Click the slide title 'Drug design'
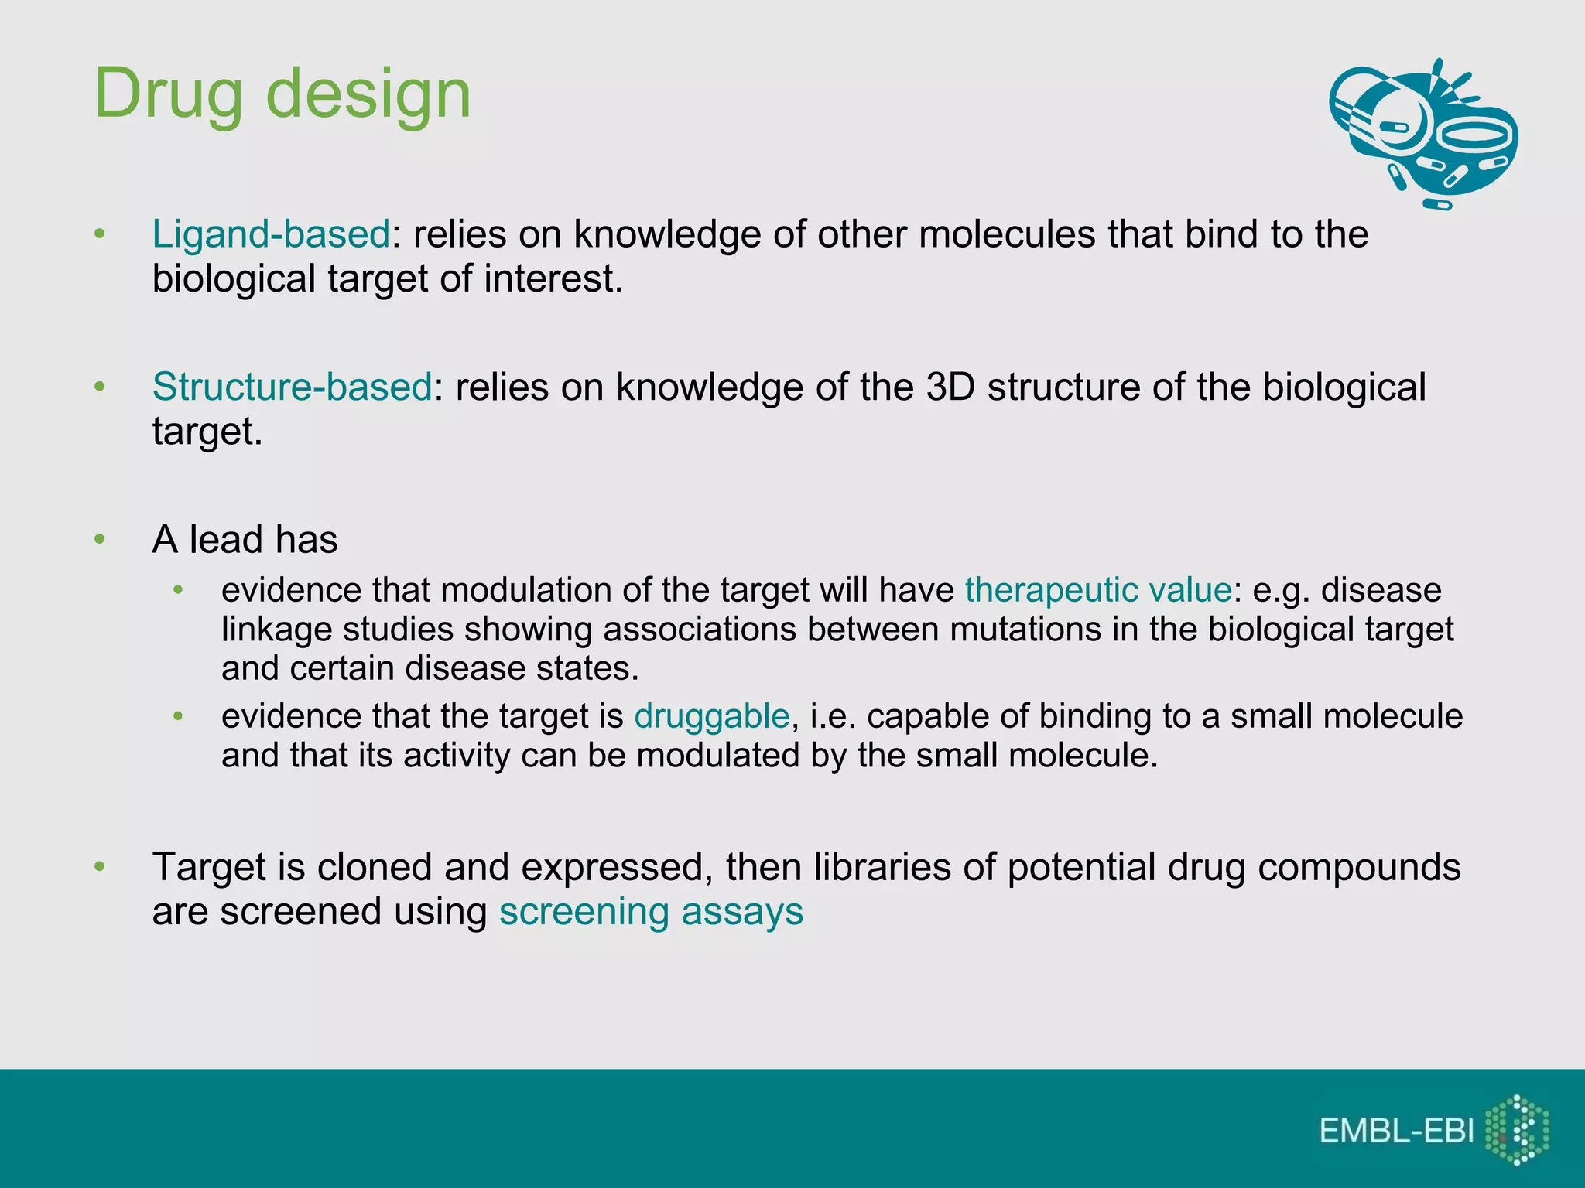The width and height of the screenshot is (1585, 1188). coord(282,94)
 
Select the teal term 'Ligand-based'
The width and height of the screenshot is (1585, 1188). coord(270,234)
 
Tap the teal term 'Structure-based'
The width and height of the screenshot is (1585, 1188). coord(292,387)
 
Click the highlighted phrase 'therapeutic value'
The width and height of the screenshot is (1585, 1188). coord(1097,590)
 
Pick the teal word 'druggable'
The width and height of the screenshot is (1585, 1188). coord(711,716)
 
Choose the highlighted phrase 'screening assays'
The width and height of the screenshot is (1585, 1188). coord(651,911)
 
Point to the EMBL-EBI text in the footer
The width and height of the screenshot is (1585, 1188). coord(1396,1131)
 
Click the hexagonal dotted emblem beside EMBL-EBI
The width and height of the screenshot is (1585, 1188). coord(1518,1129)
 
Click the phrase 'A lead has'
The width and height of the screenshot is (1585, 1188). coord(245,539)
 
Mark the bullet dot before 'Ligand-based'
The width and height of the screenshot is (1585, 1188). coord(99,234)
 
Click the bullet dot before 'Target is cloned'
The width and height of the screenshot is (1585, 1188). coord(99,867)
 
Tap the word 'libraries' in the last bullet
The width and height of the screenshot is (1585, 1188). coord(882,867)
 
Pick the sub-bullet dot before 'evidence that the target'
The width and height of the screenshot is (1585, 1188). coord(178,716)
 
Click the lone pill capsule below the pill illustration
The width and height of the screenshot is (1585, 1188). coord(1437,204)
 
